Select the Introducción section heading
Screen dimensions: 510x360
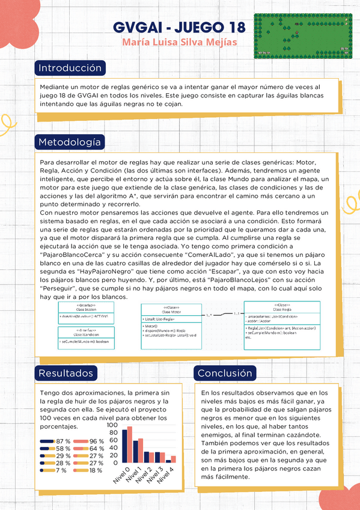point(70,67)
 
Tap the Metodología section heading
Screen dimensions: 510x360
point(70,142)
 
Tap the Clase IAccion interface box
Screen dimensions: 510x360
point(84,312)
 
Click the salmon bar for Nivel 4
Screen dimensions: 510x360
point(174,459)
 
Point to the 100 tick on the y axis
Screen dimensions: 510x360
point(112,424)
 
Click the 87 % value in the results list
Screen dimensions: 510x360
point(63,441)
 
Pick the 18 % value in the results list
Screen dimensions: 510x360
point(96,470)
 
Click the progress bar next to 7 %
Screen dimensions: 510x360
point(47,470)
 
